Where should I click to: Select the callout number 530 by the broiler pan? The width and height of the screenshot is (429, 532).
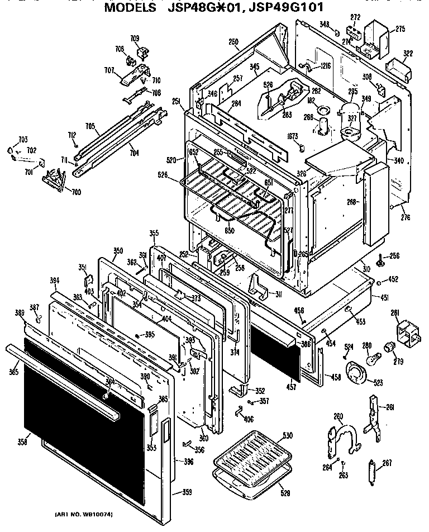(288, 435)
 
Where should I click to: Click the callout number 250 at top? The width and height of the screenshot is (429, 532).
(233, 42)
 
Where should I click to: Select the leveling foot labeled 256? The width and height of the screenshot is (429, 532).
(381, 260)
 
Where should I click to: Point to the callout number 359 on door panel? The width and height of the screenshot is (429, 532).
(187, 492)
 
